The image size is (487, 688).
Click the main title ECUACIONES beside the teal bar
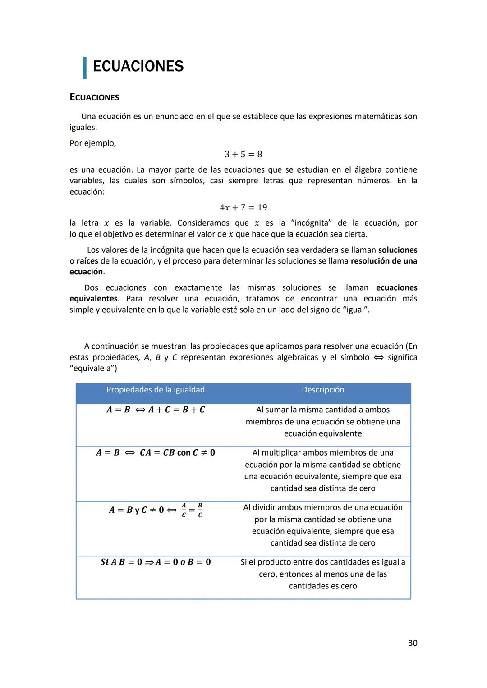(x=138, y=66)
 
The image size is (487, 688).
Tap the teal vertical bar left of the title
(x=84, y=68)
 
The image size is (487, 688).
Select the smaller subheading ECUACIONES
(x=94, y=97)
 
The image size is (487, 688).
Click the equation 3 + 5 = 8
(x=243, y=155)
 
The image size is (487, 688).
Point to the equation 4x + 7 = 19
(x=243, y=208)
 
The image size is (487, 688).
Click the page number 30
(x=412, y=643)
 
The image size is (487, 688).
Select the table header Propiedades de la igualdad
(x=155, y=390)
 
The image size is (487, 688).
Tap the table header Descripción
(x=323, y=390)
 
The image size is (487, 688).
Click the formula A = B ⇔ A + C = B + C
(x=156, y=410)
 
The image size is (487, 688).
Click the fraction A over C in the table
(x=184, y=510)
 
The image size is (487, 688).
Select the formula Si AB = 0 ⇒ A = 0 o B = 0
(x=156, y=562)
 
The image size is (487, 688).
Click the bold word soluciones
(x=397, y=250)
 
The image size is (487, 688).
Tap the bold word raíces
(x=87, y=261)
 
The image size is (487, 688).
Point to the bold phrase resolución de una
(x=384, y=261)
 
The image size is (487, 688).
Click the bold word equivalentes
(x=93, y=299)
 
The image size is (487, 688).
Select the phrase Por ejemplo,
(x=92, y=143)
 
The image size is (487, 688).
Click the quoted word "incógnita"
(x=312, y=223)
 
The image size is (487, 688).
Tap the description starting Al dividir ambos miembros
(x=323, y=525)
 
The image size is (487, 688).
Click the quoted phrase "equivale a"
(x=93, y=368)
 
